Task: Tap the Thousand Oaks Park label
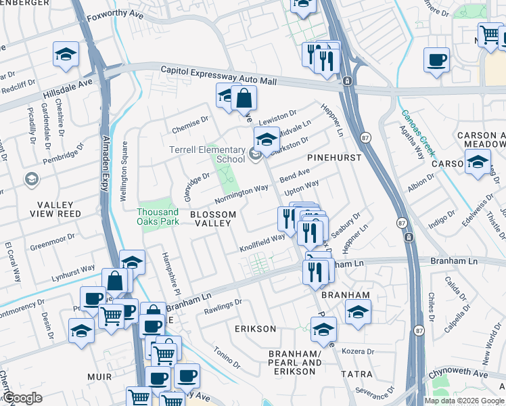pos(158,217)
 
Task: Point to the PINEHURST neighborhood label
pos(334,157)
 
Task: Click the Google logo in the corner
pos(22,398)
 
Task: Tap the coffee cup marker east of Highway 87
pos(436,59)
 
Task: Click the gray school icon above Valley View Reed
pos(30,179)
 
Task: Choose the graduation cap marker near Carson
pos(478,162)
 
